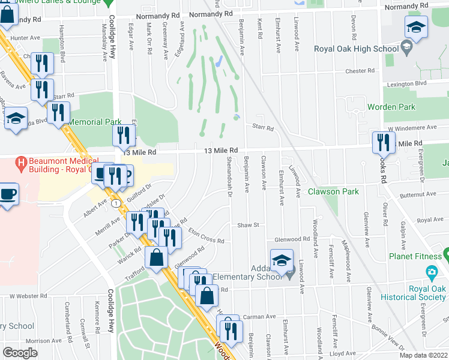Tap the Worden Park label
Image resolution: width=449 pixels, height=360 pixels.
click(x=391, y=107)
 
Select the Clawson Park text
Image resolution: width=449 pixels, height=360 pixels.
click(x=333, y=191)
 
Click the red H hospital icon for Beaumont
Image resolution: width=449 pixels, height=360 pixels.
click(x=22, y=162)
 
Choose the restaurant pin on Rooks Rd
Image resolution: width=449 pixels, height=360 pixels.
click(x=384, y=143)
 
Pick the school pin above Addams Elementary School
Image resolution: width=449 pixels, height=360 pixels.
click(x=281, y=260)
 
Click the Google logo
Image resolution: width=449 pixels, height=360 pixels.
click(x=20, y=353)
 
